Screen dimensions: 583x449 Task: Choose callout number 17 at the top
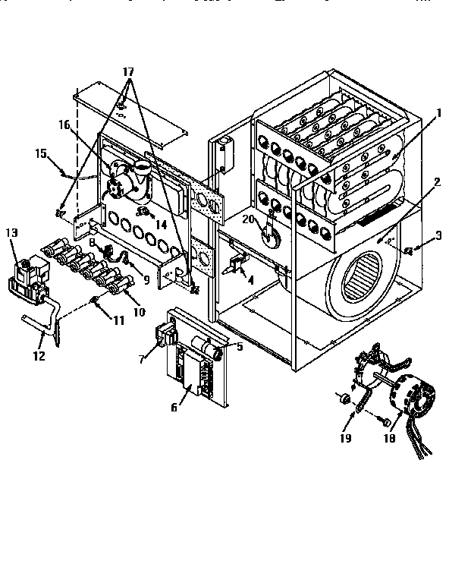(x=128, y=71)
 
